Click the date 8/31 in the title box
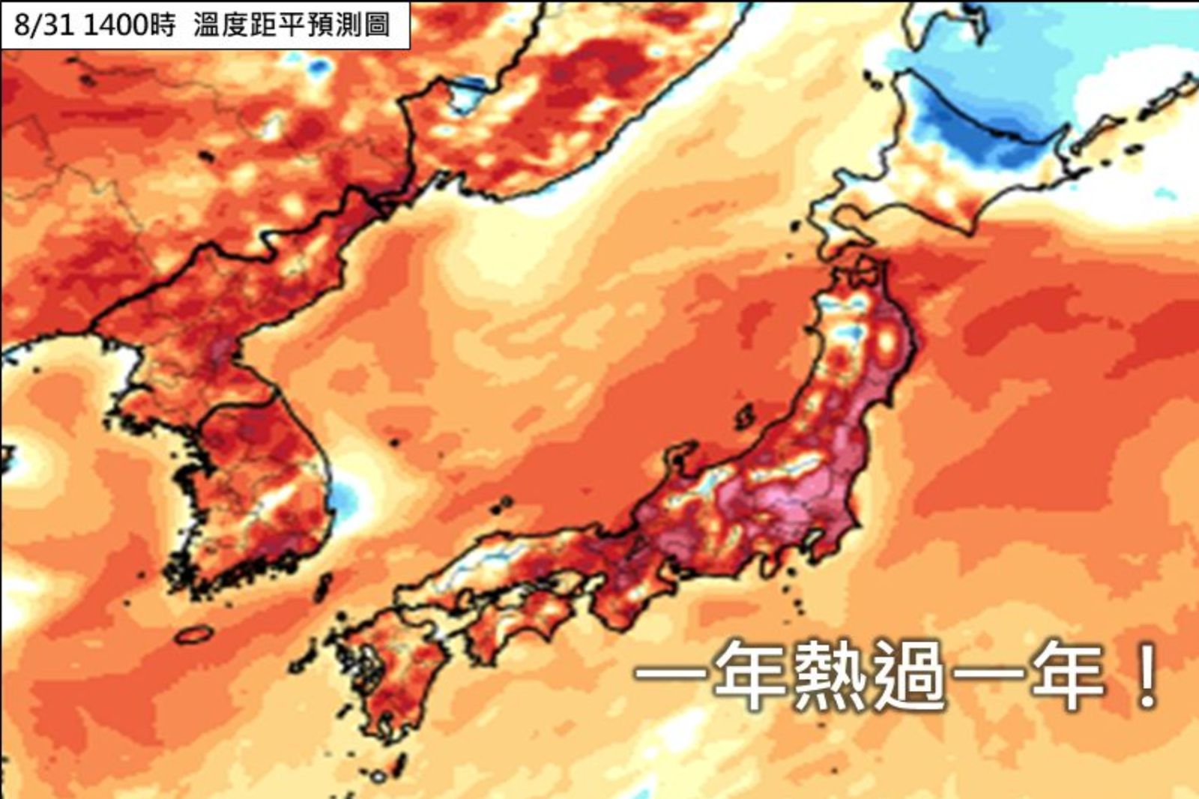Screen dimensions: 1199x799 (43, 25)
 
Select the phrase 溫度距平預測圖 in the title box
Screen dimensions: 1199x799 (292, 25)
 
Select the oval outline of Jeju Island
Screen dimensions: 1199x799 (194, 635)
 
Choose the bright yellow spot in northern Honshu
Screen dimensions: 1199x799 (888, 341)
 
